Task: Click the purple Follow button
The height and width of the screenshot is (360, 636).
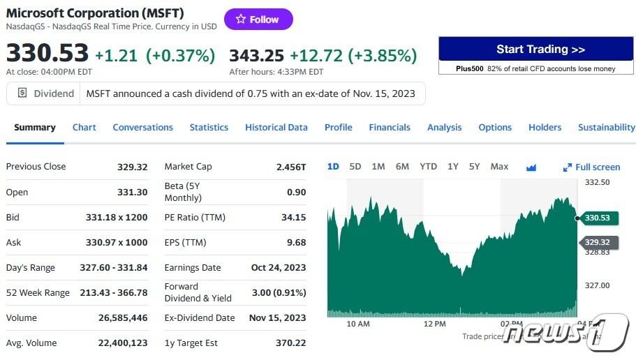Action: point(258,20)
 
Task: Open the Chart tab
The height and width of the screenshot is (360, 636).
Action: point(84,127)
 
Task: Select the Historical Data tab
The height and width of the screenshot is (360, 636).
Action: point(276,127)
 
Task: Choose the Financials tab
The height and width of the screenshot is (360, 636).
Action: point(390,127)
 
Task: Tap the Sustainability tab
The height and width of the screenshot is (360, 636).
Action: point(606,127)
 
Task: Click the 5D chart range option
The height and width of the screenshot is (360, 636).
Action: point(355,166)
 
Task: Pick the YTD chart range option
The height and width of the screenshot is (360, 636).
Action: point(428,166)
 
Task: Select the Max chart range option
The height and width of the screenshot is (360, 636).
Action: point(499,166)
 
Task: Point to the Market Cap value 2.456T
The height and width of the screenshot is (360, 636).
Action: point(291,167)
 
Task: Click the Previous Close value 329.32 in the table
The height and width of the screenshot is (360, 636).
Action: point(132,167)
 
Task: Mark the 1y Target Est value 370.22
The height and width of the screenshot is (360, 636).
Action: point(290,343)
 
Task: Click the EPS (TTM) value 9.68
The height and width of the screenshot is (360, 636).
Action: point(296,242)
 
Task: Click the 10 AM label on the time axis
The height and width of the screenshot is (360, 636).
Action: point(358,324)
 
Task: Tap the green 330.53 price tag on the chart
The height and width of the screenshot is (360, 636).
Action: point(597,218)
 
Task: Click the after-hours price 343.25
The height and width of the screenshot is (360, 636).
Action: point(256,55)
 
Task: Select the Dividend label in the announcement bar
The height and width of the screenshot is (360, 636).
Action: point(53,93)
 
